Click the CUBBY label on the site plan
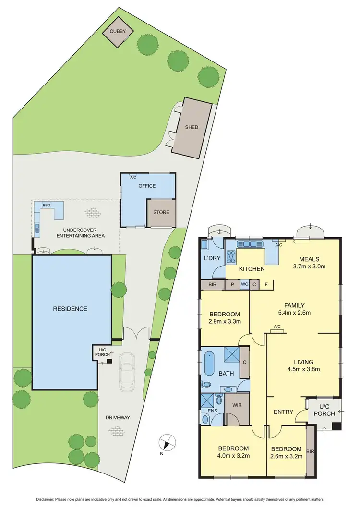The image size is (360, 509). coord(118,31)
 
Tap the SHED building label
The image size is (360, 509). coord(192,127)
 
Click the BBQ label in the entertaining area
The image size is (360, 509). coord(47,205)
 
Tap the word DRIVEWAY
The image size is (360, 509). coord(118,418)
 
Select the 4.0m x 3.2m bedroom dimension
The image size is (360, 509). coord(233,456)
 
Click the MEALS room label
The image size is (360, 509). coord(309,260)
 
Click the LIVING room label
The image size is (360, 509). coord(303,362)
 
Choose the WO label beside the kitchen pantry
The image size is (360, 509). coord(244,284)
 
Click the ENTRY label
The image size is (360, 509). coord(284,412)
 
